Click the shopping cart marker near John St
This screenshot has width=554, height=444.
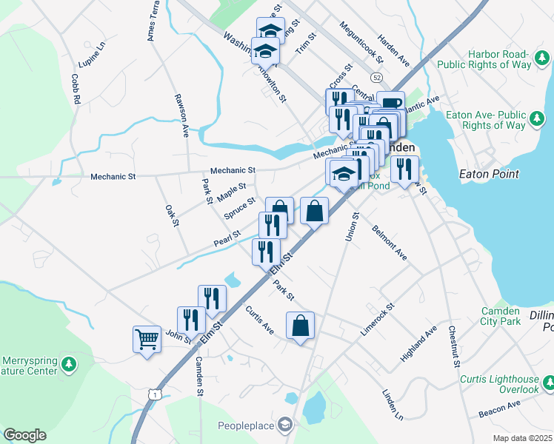(147, 340)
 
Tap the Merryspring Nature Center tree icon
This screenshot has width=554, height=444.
(69, 363)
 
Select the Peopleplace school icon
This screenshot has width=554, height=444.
(285, 425)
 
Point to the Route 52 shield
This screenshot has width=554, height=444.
(378, 77)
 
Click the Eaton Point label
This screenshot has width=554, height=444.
(489, 174)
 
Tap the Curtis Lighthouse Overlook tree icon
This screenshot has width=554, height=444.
(548, 383)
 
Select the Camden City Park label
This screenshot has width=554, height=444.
(501, 316)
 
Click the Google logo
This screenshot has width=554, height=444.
(24, 435)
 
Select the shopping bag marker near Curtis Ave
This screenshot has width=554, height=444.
(300, 326)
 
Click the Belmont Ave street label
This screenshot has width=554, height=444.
(390, 242)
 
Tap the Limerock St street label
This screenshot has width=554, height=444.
(378, 319)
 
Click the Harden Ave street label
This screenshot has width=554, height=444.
(393, 47)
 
